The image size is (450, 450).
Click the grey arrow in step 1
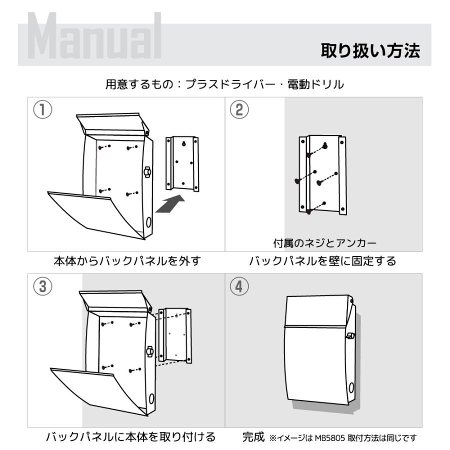tap(170, 204)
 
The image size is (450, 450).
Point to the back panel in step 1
tap(182, 163)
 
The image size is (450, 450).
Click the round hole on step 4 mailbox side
tap(350, 386)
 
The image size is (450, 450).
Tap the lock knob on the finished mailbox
tap(350, 336)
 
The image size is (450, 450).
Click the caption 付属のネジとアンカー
tap(324, 243)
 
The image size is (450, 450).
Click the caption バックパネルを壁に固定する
tap(322, 261)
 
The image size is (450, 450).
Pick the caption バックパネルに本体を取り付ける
tap(130, 437)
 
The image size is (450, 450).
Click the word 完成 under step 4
tap(252, 437)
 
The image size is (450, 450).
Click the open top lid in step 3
tap(115, 300)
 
